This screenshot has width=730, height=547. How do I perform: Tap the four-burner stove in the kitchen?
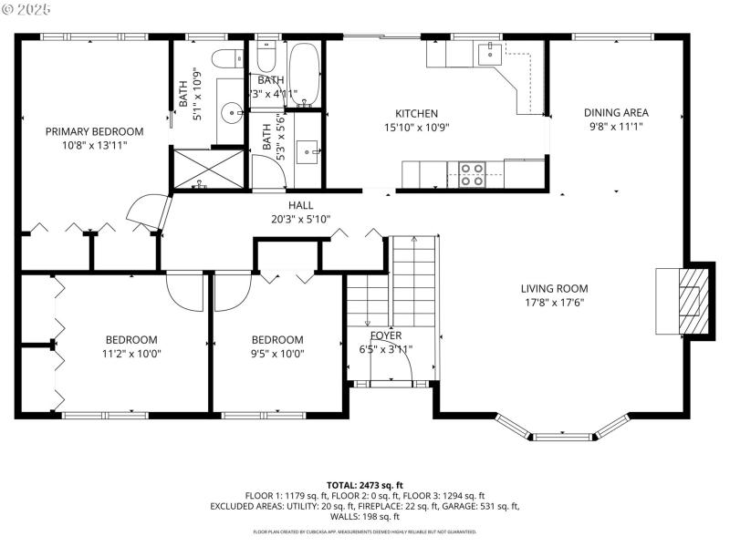click(x=471, y=173)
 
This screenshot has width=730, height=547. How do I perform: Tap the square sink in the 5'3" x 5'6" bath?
click(x=308, y=149)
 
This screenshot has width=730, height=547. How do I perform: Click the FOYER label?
click(x=385, y=335)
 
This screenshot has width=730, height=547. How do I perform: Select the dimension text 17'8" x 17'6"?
click(x=554, y=303)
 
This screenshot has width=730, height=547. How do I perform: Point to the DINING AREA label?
click(x=616, y=113)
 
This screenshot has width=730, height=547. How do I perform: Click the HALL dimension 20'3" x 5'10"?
click(x=300, y=219)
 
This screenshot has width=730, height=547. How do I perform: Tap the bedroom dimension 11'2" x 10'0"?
click(x=130, y=354)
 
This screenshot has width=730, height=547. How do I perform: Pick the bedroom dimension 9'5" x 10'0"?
click(x=277, y=354)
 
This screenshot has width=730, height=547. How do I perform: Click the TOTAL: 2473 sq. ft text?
click(x=365, y=485)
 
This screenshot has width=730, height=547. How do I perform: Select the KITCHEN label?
click(x=416, y=113)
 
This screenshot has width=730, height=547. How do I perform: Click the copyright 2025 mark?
click(x=28, y=8)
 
